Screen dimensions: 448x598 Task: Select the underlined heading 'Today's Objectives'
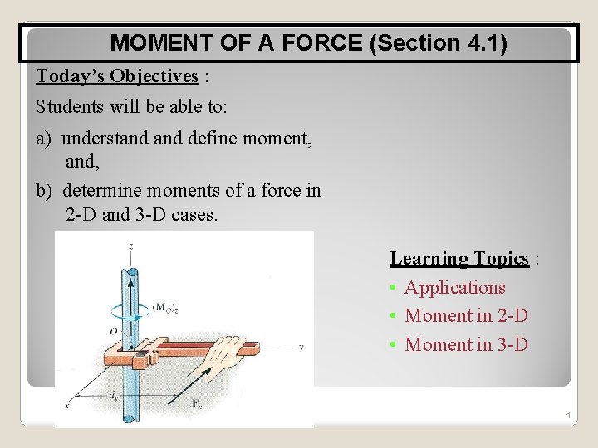(x=117, y=76)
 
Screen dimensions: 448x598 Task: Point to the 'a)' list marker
(x=46, y=138)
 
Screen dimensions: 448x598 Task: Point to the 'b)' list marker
(x=46, y=191)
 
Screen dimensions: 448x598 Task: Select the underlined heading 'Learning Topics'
(x=459, y=259)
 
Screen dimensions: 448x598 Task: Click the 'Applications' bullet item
(x=454, y=288)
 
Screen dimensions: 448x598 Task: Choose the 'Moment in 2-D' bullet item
(x=466, y=316)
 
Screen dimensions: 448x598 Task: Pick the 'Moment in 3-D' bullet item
(x=466, y=345)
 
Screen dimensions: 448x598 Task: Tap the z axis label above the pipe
(x=131, y=246)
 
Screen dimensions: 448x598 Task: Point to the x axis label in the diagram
(x=66, y=405)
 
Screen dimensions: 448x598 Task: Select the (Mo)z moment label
(x=164, y=308)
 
